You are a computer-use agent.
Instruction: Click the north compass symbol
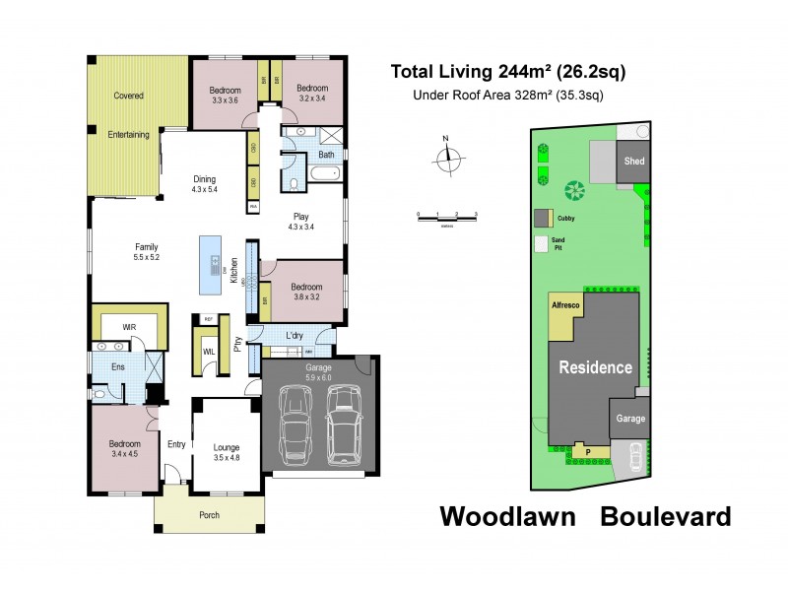(449, 157)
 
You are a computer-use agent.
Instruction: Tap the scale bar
(446, 215)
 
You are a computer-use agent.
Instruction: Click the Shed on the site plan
(631, 163)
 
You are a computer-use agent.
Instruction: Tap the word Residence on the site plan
(596, 367)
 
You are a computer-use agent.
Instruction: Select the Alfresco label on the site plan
(565, 307)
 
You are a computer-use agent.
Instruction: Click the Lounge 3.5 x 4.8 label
(227, 452)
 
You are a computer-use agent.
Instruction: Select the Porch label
(209, 515)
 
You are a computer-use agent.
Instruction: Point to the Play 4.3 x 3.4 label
(300, 221)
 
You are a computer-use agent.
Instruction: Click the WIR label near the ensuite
(128, 325)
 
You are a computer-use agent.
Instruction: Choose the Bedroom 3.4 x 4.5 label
(124, 449)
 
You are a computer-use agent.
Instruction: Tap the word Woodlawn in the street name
(506, 516)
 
